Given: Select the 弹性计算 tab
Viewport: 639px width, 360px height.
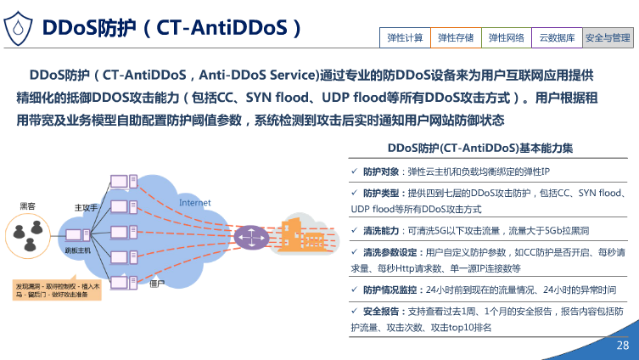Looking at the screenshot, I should point(405,37).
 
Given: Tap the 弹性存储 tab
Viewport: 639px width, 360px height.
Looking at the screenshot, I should point(456,37).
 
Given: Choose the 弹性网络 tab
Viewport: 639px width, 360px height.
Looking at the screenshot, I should point(507,37).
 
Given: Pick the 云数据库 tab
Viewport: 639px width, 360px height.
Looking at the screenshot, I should point(558,37).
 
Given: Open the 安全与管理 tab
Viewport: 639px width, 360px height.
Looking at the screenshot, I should point(608,37).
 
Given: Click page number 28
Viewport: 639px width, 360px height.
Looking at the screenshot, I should point(622,346).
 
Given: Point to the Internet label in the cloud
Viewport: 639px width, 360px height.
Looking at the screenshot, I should point(194,202).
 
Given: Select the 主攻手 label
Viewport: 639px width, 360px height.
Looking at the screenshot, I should point(87,207).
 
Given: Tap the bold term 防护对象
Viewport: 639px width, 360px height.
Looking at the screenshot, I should point(380,172).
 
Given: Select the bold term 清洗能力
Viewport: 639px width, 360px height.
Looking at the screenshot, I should point(380,230).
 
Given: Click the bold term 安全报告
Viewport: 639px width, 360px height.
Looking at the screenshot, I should point(380,311).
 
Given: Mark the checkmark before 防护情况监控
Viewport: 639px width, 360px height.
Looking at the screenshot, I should point(355,290).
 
